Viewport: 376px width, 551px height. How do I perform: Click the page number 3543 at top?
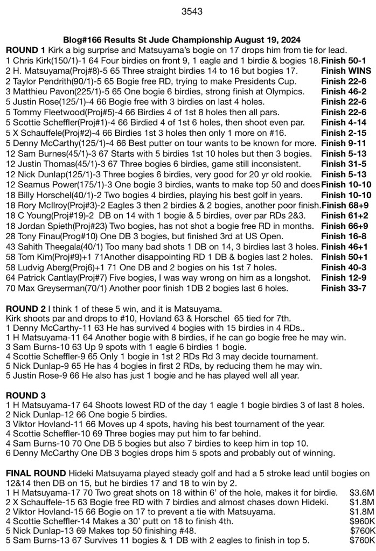tap(188, 10)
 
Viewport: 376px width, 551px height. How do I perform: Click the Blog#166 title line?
tap(182, 40)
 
